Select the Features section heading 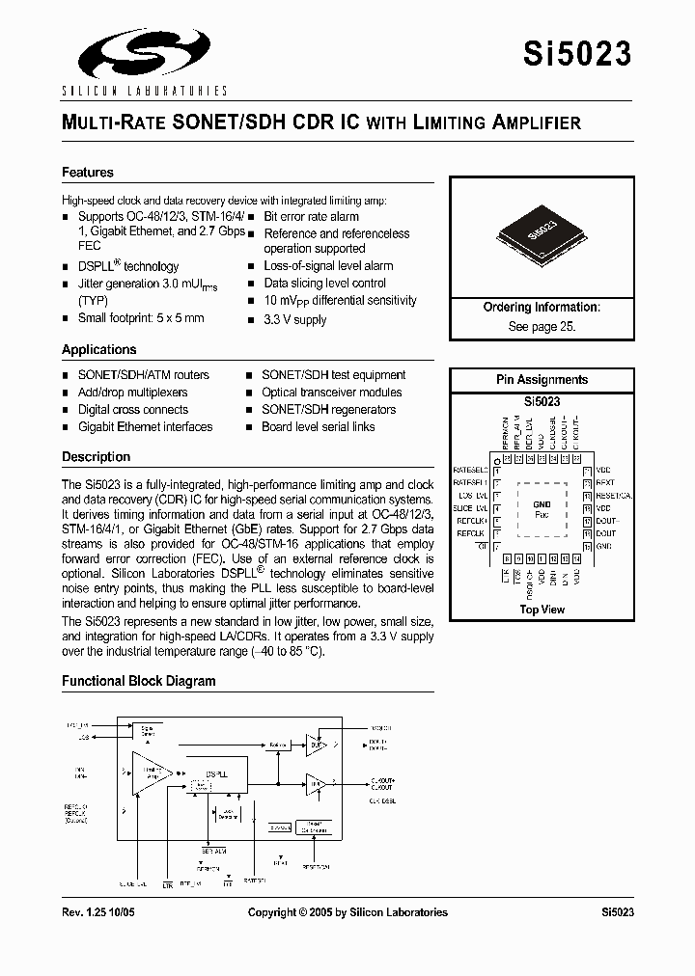88,173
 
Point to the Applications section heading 99,350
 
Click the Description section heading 96,456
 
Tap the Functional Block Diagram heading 139,681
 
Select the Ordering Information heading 542,308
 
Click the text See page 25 542,326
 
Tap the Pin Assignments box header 542,380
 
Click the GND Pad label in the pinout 542,508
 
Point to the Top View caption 542,610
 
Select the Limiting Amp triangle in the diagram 148,773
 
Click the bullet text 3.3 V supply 295,319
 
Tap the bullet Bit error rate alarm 311,217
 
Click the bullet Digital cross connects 132,410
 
